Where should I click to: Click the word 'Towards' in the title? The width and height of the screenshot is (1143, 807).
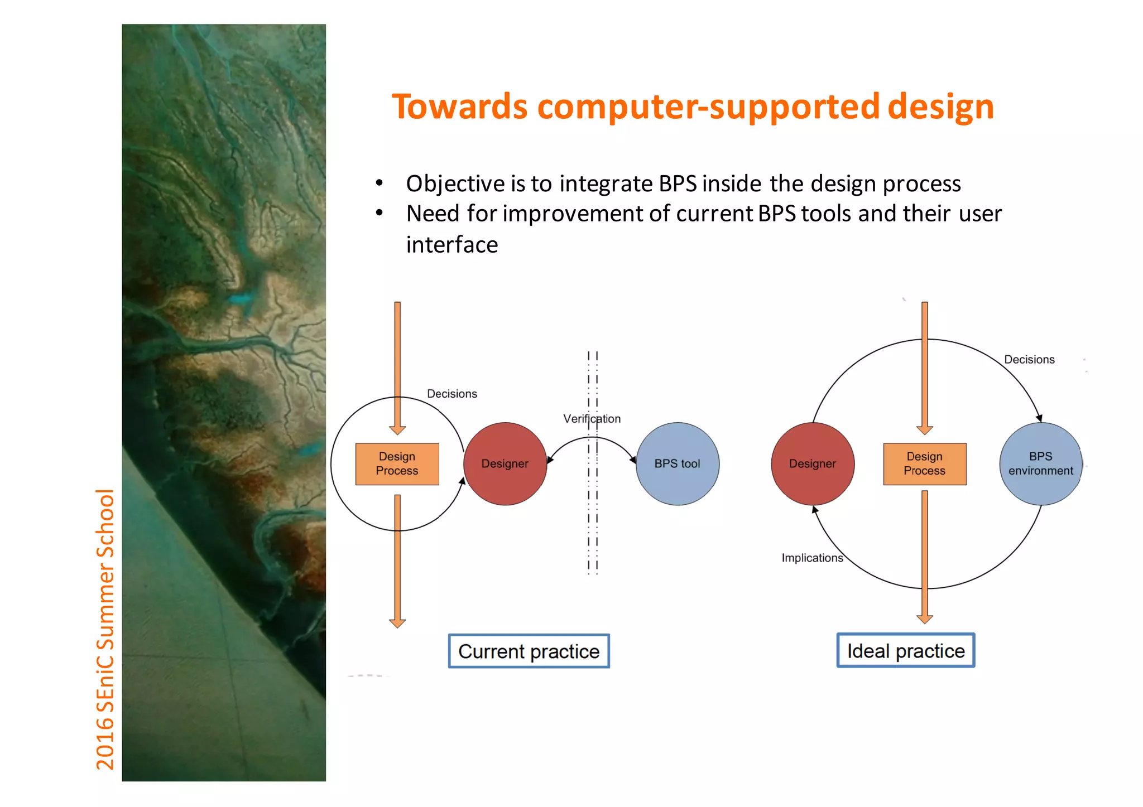459,107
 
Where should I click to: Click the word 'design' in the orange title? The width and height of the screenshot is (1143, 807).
940,107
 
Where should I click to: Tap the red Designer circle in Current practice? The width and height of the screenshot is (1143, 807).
505,464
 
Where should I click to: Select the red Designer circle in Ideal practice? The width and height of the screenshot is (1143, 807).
813,464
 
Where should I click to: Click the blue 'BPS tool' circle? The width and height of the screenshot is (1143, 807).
678,464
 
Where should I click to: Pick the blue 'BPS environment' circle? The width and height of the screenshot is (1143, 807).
1041,464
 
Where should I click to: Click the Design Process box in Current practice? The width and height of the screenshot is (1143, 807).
397,464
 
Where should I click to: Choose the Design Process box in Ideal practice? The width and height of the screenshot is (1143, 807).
925,464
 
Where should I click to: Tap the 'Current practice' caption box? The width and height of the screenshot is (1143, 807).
529,651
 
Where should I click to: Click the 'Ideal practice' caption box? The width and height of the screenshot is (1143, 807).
906,651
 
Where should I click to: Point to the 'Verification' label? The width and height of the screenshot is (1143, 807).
592,419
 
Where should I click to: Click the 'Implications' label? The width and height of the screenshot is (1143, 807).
812,558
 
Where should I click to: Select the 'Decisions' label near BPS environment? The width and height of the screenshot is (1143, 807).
1029,360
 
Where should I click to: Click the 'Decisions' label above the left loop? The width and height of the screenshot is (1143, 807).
452,394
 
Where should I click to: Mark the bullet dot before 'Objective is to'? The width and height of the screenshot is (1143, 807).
380,183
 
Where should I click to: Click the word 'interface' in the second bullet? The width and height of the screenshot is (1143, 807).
452,245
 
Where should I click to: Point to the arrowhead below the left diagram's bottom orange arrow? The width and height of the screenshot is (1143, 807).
397,623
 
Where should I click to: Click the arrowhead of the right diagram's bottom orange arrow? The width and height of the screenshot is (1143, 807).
925,619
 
